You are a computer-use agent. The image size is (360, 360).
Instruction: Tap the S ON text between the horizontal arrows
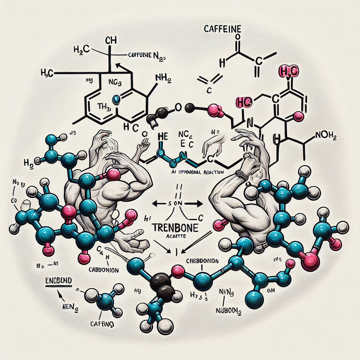pyautogui.click(x=174, y=204)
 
